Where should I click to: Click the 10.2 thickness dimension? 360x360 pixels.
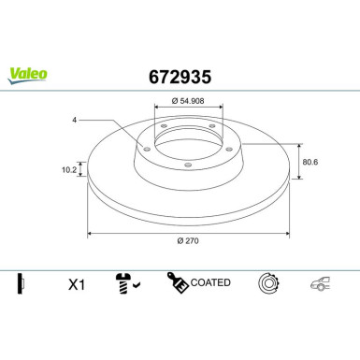pos(67,170)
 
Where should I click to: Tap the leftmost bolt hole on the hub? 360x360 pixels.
pos(150,143)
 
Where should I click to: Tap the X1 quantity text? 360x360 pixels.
pos(77,282)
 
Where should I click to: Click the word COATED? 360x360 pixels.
pos(211,282)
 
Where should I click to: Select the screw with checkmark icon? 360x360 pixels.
pos(126,282)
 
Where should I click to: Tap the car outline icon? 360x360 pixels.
pos(319,282)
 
